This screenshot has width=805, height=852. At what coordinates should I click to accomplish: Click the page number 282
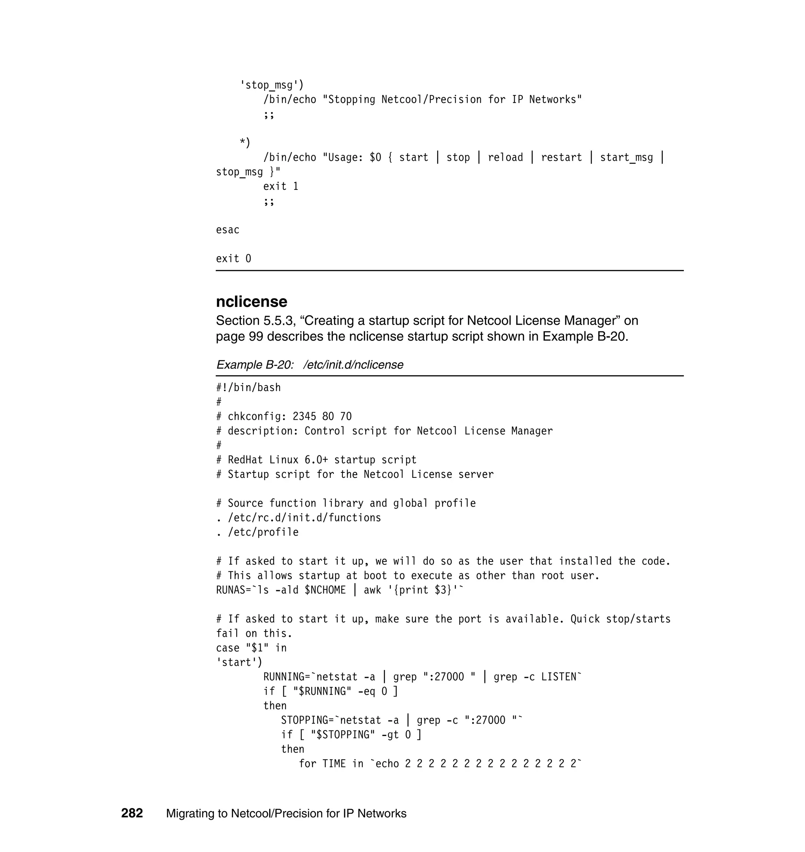point(132,813)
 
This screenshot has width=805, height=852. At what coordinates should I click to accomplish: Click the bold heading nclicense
point(252,301)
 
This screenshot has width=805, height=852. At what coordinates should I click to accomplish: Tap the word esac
point(228,230)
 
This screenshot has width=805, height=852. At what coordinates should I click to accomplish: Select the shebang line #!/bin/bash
point(248,387)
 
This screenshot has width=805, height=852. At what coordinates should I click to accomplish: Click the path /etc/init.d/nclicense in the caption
point(353,365)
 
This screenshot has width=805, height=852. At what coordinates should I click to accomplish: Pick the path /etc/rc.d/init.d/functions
point(304,518)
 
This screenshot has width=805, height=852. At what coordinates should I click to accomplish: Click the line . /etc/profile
point(257,532)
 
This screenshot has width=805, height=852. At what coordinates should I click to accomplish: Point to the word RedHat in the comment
point(245,460)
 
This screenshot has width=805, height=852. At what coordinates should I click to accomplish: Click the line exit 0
point(233,259)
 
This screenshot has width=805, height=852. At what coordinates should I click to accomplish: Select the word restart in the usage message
point(561,158)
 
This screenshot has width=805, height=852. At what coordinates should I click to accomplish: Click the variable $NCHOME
point(325,590)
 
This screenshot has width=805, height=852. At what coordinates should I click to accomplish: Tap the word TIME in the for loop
point(334,764)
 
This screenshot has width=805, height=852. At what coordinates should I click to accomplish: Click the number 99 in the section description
point(256,336)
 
